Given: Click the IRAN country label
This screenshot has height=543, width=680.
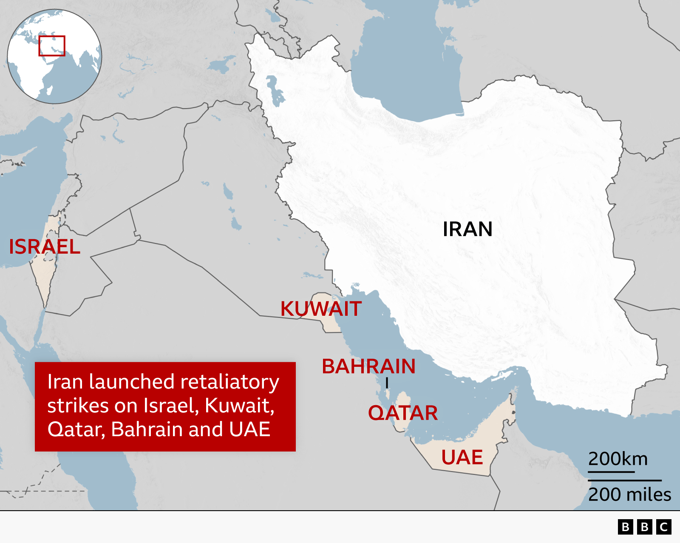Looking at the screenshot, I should (x=467, y=229).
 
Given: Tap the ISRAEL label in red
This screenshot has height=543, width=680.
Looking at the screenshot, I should (x=45, y=247).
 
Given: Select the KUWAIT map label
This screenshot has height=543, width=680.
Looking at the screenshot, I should (x=321, y=309).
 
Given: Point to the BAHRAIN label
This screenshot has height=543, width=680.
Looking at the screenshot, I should (x=368, y=366).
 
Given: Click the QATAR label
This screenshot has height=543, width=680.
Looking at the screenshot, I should (x=402, y=413).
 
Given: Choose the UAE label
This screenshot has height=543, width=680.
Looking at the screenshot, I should (x=462, y=458).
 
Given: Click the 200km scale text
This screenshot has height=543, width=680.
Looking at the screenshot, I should (x=618, y=459).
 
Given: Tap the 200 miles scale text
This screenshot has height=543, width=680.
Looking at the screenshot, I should (x=629, y=494).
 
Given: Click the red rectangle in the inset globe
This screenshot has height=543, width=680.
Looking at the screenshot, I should (x=52, y=46).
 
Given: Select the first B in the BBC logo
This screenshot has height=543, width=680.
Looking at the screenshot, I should (x=625, y=527).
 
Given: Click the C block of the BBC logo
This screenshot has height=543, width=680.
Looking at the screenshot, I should (x=663, y=527).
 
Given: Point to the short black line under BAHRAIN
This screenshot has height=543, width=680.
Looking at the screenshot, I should (x=387, y=383).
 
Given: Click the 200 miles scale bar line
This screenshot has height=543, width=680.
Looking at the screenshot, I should (x=625, y=480).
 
